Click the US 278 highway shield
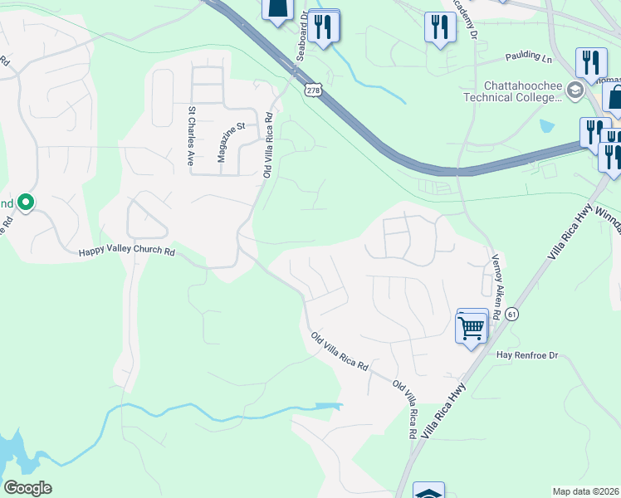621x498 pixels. tap(312, 90)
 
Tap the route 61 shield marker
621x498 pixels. tap(511, 313)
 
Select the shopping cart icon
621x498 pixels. tap(471, 327)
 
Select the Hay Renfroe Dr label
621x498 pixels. tap(529, 354)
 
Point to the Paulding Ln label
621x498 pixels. tap(528, 58)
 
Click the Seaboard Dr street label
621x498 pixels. tap(302, 37)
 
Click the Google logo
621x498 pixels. tap(27, 488)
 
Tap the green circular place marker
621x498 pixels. tap(26, 202)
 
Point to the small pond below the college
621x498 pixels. tap(547, 126)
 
